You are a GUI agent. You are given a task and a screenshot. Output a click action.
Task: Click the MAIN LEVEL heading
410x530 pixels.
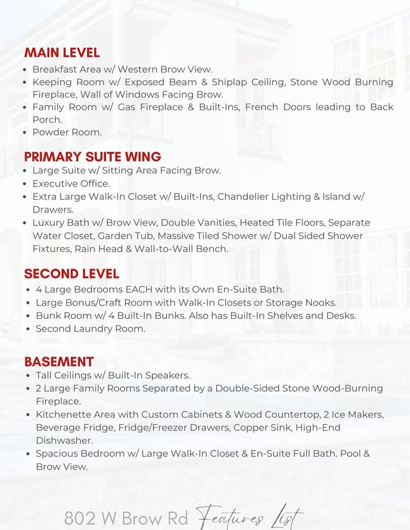coord(62,53)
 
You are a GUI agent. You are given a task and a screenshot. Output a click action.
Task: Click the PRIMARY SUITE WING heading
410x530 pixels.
coord(93,156)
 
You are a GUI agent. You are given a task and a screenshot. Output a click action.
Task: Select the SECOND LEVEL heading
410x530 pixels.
coord(71,274)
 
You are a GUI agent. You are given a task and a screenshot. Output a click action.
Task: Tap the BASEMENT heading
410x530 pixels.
coord(59,362)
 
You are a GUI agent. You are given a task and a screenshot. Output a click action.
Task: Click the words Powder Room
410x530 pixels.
coord(67,133)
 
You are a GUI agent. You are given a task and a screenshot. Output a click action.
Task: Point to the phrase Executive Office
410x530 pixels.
coord(71,183)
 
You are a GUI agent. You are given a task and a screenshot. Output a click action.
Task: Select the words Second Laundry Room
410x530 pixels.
coord(90,329)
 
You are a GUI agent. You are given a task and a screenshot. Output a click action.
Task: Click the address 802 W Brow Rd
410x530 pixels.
coord(126,519)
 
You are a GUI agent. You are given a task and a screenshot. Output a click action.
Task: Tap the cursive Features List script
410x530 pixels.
coord(249,518)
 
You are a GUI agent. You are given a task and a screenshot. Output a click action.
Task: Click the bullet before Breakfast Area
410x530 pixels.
coord(25,69)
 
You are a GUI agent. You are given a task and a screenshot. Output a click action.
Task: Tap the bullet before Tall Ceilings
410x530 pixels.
coord(28,375)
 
